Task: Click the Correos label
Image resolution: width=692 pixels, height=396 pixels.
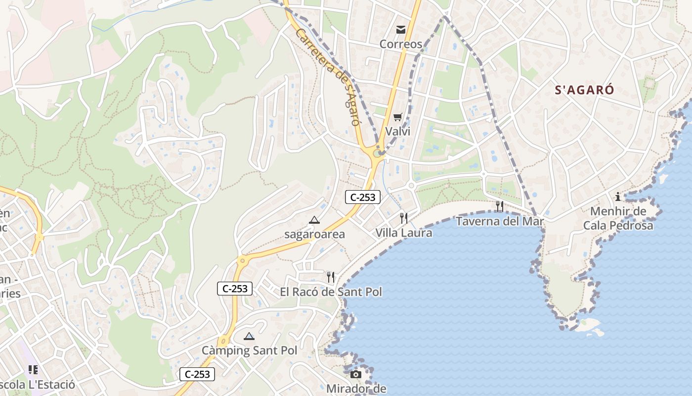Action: [x=401, y=44]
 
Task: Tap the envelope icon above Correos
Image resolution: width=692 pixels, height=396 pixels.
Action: [x=401, y=30]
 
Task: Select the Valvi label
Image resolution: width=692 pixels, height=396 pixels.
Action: [x=398, y=131]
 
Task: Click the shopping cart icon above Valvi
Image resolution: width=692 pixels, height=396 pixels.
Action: [x=398, y=117]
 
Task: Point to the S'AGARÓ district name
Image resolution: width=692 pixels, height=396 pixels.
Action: [x=584, y=90]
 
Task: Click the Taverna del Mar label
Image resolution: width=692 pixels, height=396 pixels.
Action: [x=500, y=221]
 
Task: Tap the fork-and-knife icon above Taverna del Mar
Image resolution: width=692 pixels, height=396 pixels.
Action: [x=500, y=206]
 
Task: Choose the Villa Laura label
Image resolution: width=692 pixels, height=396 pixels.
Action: [x=404, y=233]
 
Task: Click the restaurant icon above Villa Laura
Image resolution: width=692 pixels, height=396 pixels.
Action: [x=404, y=218]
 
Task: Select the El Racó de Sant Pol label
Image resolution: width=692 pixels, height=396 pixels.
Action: [x=331, y=292]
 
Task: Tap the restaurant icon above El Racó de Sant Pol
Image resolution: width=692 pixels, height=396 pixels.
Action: [x=331, y=277]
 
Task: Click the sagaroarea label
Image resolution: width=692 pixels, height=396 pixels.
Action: [x=314, y=234]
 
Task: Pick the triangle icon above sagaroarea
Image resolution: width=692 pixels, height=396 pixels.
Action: [x=314, y=220]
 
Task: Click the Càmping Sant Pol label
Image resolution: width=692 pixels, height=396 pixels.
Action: [x=249, y=350]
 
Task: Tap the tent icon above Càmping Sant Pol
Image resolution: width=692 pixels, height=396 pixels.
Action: [x=249, y=337]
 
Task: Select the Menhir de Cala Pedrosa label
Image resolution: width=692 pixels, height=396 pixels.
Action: [x=618, y=218]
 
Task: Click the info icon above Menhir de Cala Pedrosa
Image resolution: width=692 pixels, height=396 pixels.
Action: [x=618, y=197]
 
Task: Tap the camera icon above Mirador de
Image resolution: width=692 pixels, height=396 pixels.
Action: [x=356, y=374]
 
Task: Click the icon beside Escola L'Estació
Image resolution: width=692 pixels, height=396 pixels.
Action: [x=33, y=370]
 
